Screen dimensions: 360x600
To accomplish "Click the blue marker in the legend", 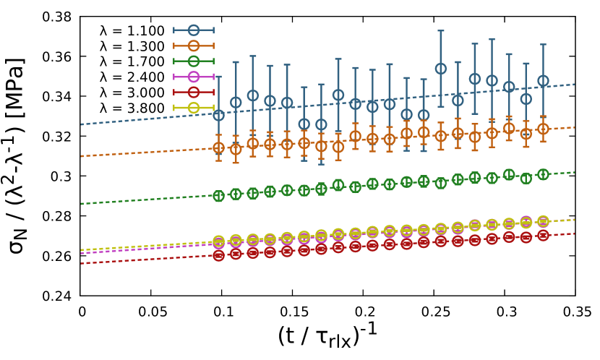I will coord(194,30).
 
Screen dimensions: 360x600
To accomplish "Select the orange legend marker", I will coord(194,46).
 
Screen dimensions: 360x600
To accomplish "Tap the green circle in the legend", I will coord(194,61).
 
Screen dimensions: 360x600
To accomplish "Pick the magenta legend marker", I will coord(194,77).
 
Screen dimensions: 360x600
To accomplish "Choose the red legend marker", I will coord(194,93).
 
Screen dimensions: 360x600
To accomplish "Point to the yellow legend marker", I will coord(194,108).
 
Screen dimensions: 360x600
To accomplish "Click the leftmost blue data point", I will coord(218,115).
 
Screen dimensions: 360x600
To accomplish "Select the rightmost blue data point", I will coord(543,81).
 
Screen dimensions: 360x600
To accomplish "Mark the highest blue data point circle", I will coord(440,69).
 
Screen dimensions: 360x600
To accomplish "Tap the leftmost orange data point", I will coord(218,147).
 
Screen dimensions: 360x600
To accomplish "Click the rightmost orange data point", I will coord(543,129).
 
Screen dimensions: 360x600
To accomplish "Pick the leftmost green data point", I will coord(218,196).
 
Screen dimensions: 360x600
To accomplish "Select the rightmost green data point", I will coord(543,174).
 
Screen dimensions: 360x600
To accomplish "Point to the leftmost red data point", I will coord(218,255).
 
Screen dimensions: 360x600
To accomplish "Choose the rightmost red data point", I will coord(543,235).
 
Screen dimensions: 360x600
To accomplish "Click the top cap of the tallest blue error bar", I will coord(440,31).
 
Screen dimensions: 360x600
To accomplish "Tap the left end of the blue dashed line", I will coord(81,124).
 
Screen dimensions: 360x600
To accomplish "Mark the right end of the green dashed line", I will coord(575,172).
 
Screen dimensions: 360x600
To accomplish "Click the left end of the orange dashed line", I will coord(81,156).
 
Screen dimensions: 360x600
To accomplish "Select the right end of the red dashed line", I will coord(575,233).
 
